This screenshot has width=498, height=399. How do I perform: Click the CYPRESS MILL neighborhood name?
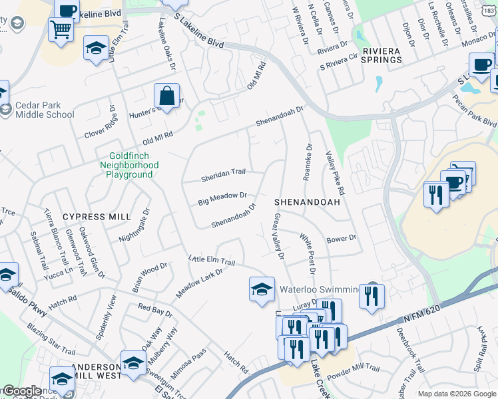point(94,217)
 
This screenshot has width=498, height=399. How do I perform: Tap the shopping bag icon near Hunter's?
point(167,96)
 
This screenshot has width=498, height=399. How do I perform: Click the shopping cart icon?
point(61,29)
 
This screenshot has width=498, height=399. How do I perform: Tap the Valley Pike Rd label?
point(336,171)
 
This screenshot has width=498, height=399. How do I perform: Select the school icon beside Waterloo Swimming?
point(262,288)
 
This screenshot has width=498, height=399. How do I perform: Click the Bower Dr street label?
point(342,238)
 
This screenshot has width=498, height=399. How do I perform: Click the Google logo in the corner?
point(22,391)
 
